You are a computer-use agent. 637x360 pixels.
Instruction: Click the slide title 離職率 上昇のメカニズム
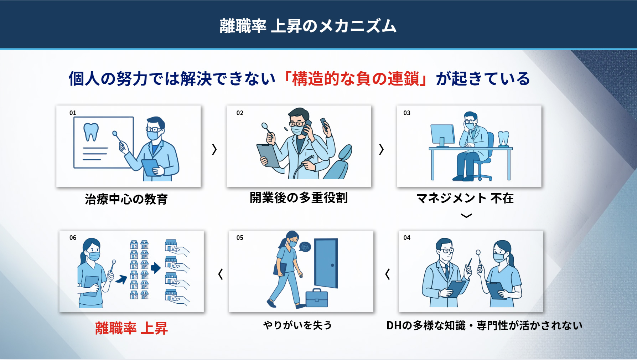pos(308,26)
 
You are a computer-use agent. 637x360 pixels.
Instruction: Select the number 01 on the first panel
pos(73,113)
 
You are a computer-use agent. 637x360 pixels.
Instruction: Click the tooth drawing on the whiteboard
pos(91,132)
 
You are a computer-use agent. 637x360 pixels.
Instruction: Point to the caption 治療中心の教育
pos(126,199)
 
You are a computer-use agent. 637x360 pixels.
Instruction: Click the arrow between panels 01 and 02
pos(214,149)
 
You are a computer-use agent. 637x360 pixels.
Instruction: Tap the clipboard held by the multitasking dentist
pos(268,155)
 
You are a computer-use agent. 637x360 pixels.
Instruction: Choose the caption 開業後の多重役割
pos(299,197)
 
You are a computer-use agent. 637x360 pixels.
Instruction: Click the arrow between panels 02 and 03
pos(381,149)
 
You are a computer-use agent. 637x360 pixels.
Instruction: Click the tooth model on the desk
pos(503,139)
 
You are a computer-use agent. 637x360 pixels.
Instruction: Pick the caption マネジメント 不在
pos(465,198)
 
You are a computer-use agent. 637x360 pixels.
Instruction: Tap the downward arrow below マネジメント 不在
pos(466,215)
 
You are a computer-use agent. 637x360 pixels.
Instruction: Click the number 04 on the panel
pos(407,238)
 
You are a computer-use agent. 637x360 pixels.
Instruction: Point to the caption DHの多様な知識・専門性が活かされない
pos(485,325)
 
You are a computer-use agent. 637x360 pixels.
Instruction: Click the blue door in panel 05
pos(326,263)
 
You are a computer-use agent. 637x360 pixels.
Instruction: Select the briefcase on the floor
pos(317,298)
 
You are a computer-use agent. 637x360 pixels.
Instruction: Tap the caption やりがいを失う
pos(297,325)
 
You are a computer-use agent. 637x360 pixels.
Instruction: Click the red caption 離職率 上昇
pos(131,328)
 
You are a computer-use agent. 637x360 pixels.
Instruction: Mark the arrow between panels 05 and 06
pos(221,274)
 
